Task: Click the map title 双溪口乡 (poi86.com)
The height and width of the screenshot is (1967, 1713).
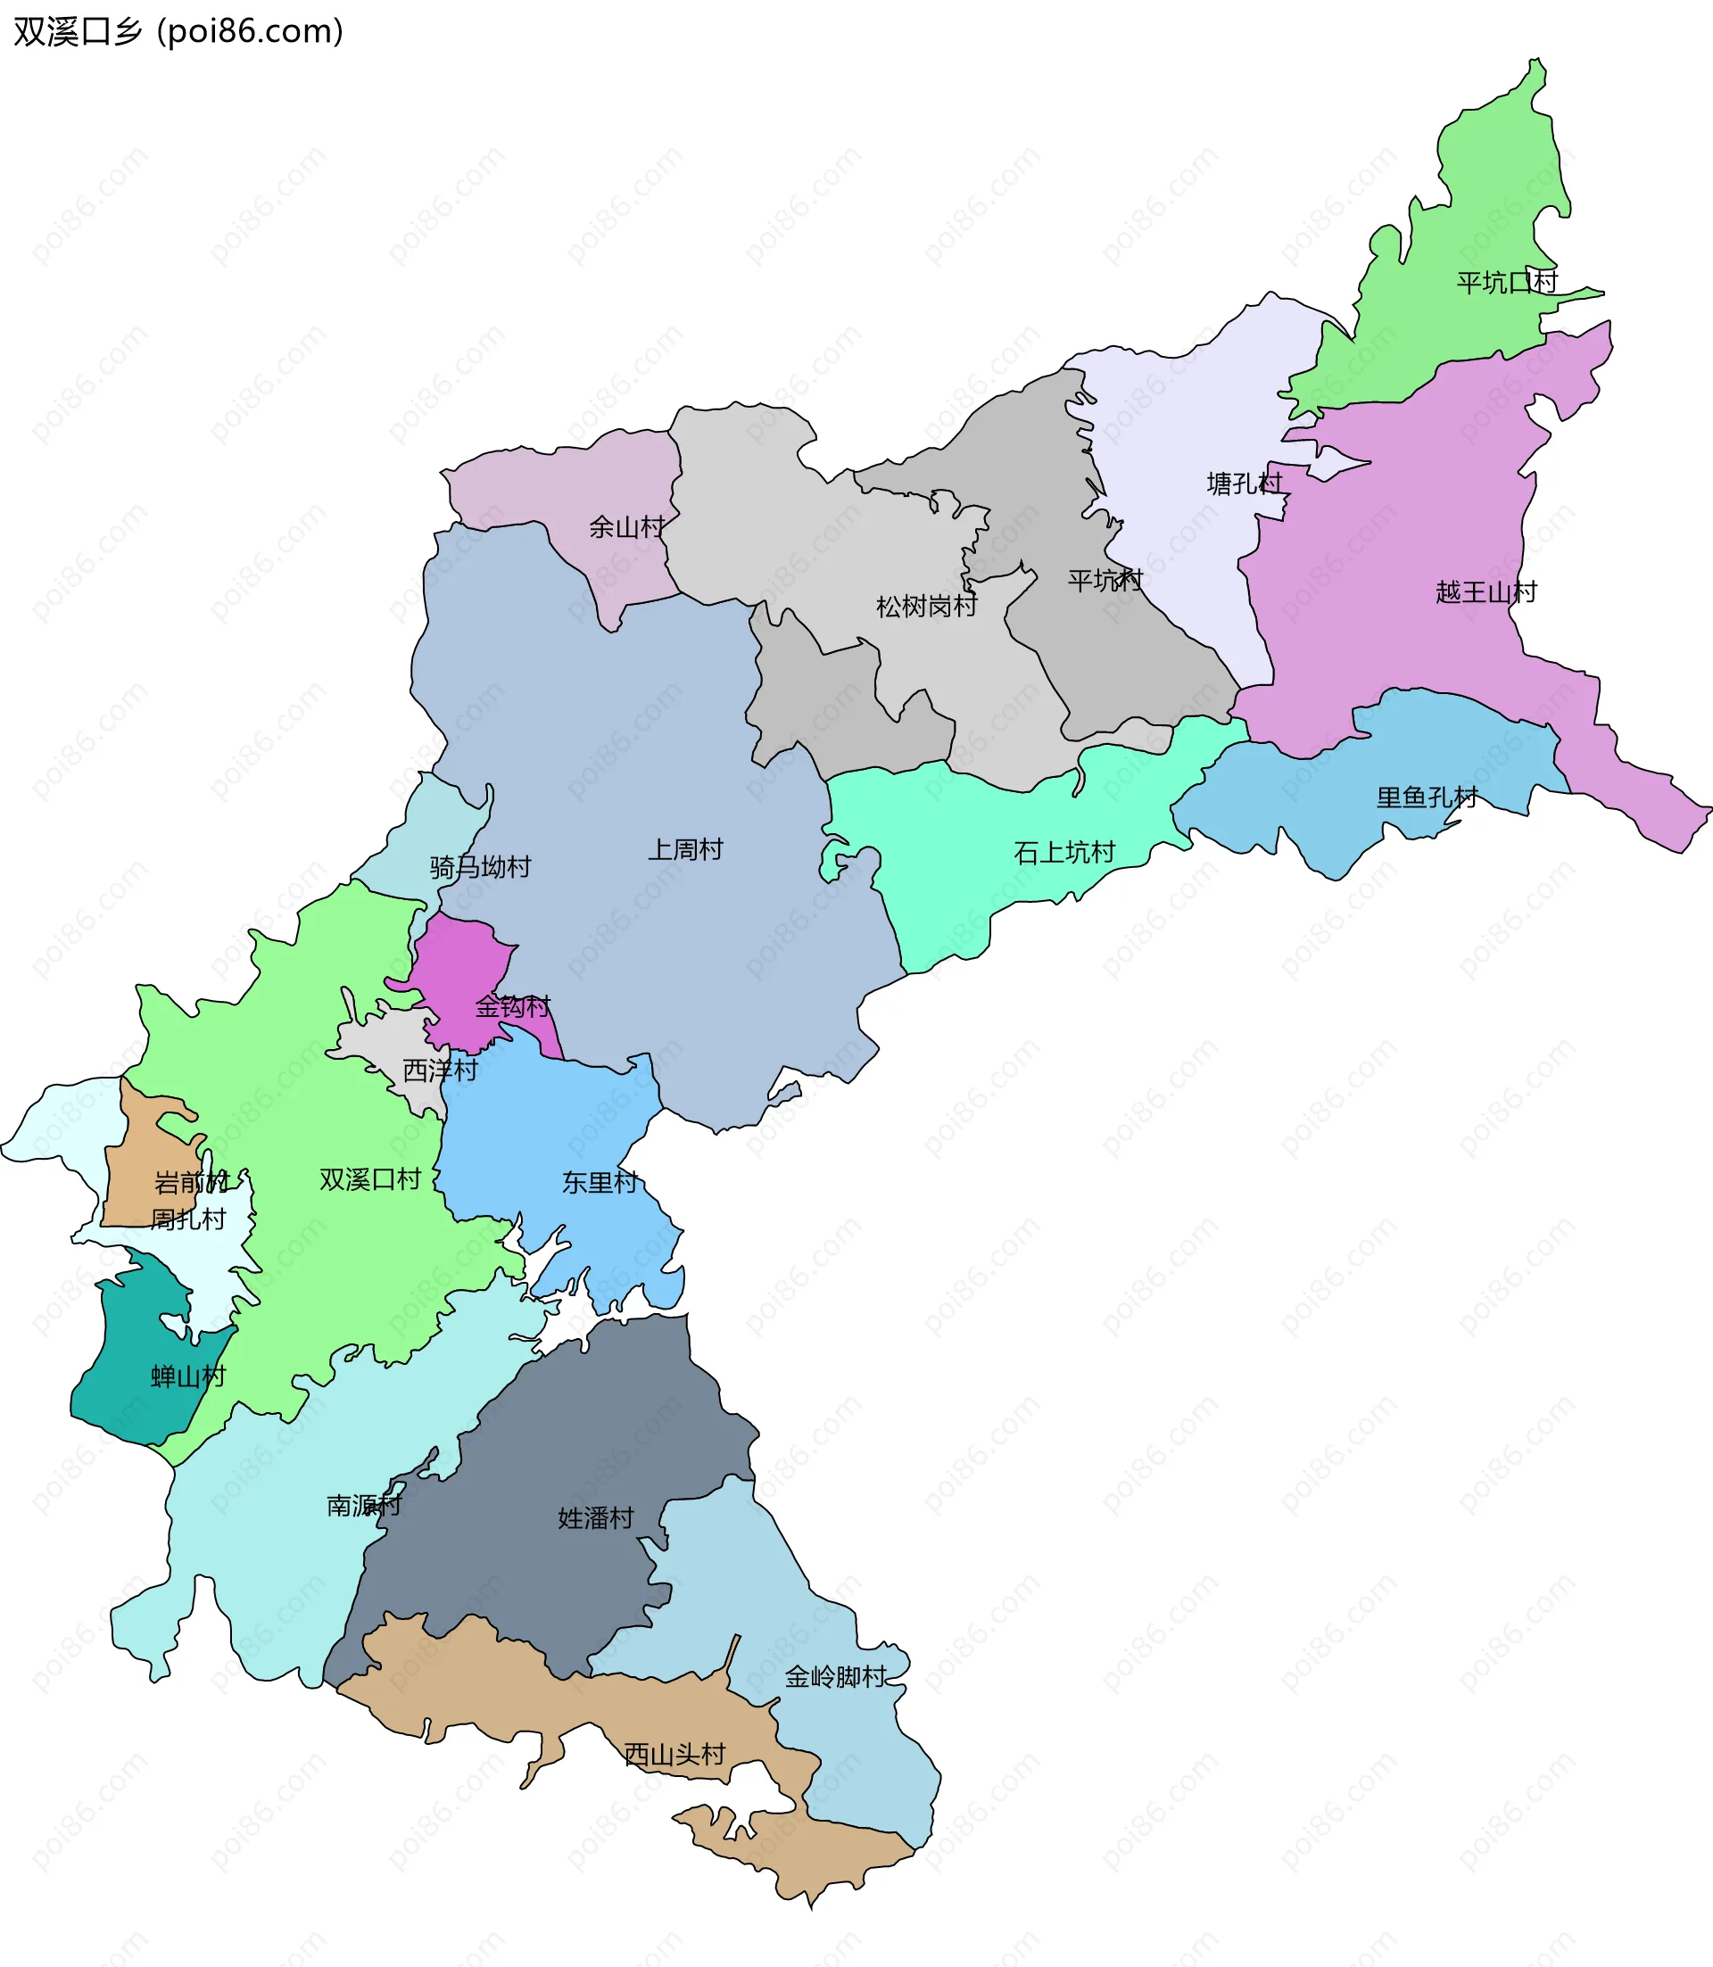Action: pyautogui.click(x=178, y=31)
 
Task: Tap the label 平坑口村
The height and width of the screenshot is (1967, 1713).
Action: pyautogui.click(x=1507, y=283)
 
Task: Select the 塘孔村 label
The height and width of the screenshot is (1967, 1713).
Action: pyautogui.click(x=1244, y=483)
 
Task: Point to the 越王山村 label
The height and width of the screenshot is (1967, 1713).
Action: pyautogui.click(x=1485, y=592)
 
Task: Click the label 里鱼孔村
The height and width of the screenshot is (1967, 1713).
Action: pyautogui.click(x=1427, y=798)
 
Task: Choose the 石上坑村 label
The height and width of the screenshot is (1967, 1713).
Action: pyautogui.click(x=1063, y=853)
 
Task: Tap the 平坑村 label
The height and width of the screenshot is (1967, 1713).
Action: pyautogui.click(x=1105, y=580)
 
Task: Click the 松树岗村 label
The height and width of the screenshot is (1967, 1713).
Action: pyautogui.click(x=926, y=607)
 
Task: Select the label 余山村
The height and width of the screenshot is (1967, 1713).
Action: pyautogui.click(x=626, y=527)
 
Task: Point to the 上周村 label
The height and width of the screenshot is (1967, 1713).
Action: pyautogui.click(x=685, y=849)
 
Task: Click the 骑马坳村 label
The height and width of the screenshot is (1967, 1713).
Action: pyautogui.click(x=480, y=868)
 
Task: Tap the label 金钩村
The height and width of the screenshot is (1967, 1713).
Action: pyautogui.click(x=513, y=1006)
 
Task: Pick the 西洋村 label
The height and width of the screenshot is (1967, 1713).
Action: pyautogui.click(x=440, y=1070)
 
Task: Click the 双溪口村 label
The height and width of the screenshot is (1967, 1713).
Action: pyautogui.click(x=370, y=1179)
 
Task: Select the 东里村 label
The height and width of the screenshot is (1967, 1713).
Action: pyautogui.click(x=600, y=1183)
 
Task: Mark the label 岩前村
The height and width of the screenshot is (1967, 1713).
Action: pyautogui.click(x=191, y=1183)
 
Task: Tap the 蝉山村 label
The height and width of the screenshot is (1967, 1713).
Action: pyautogui.click(x=188, y=1377)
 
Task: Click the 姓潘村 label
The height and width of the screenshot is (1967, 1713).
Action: pyautogui.click(x=596, y=1517)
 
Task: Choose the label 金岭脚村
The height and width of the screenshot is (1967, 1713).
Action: pyautogui.click(x=835, y=1677)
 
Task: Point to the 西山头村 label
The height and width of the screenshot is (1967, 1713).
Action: pyautogui.click(x=674, y=1755)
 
